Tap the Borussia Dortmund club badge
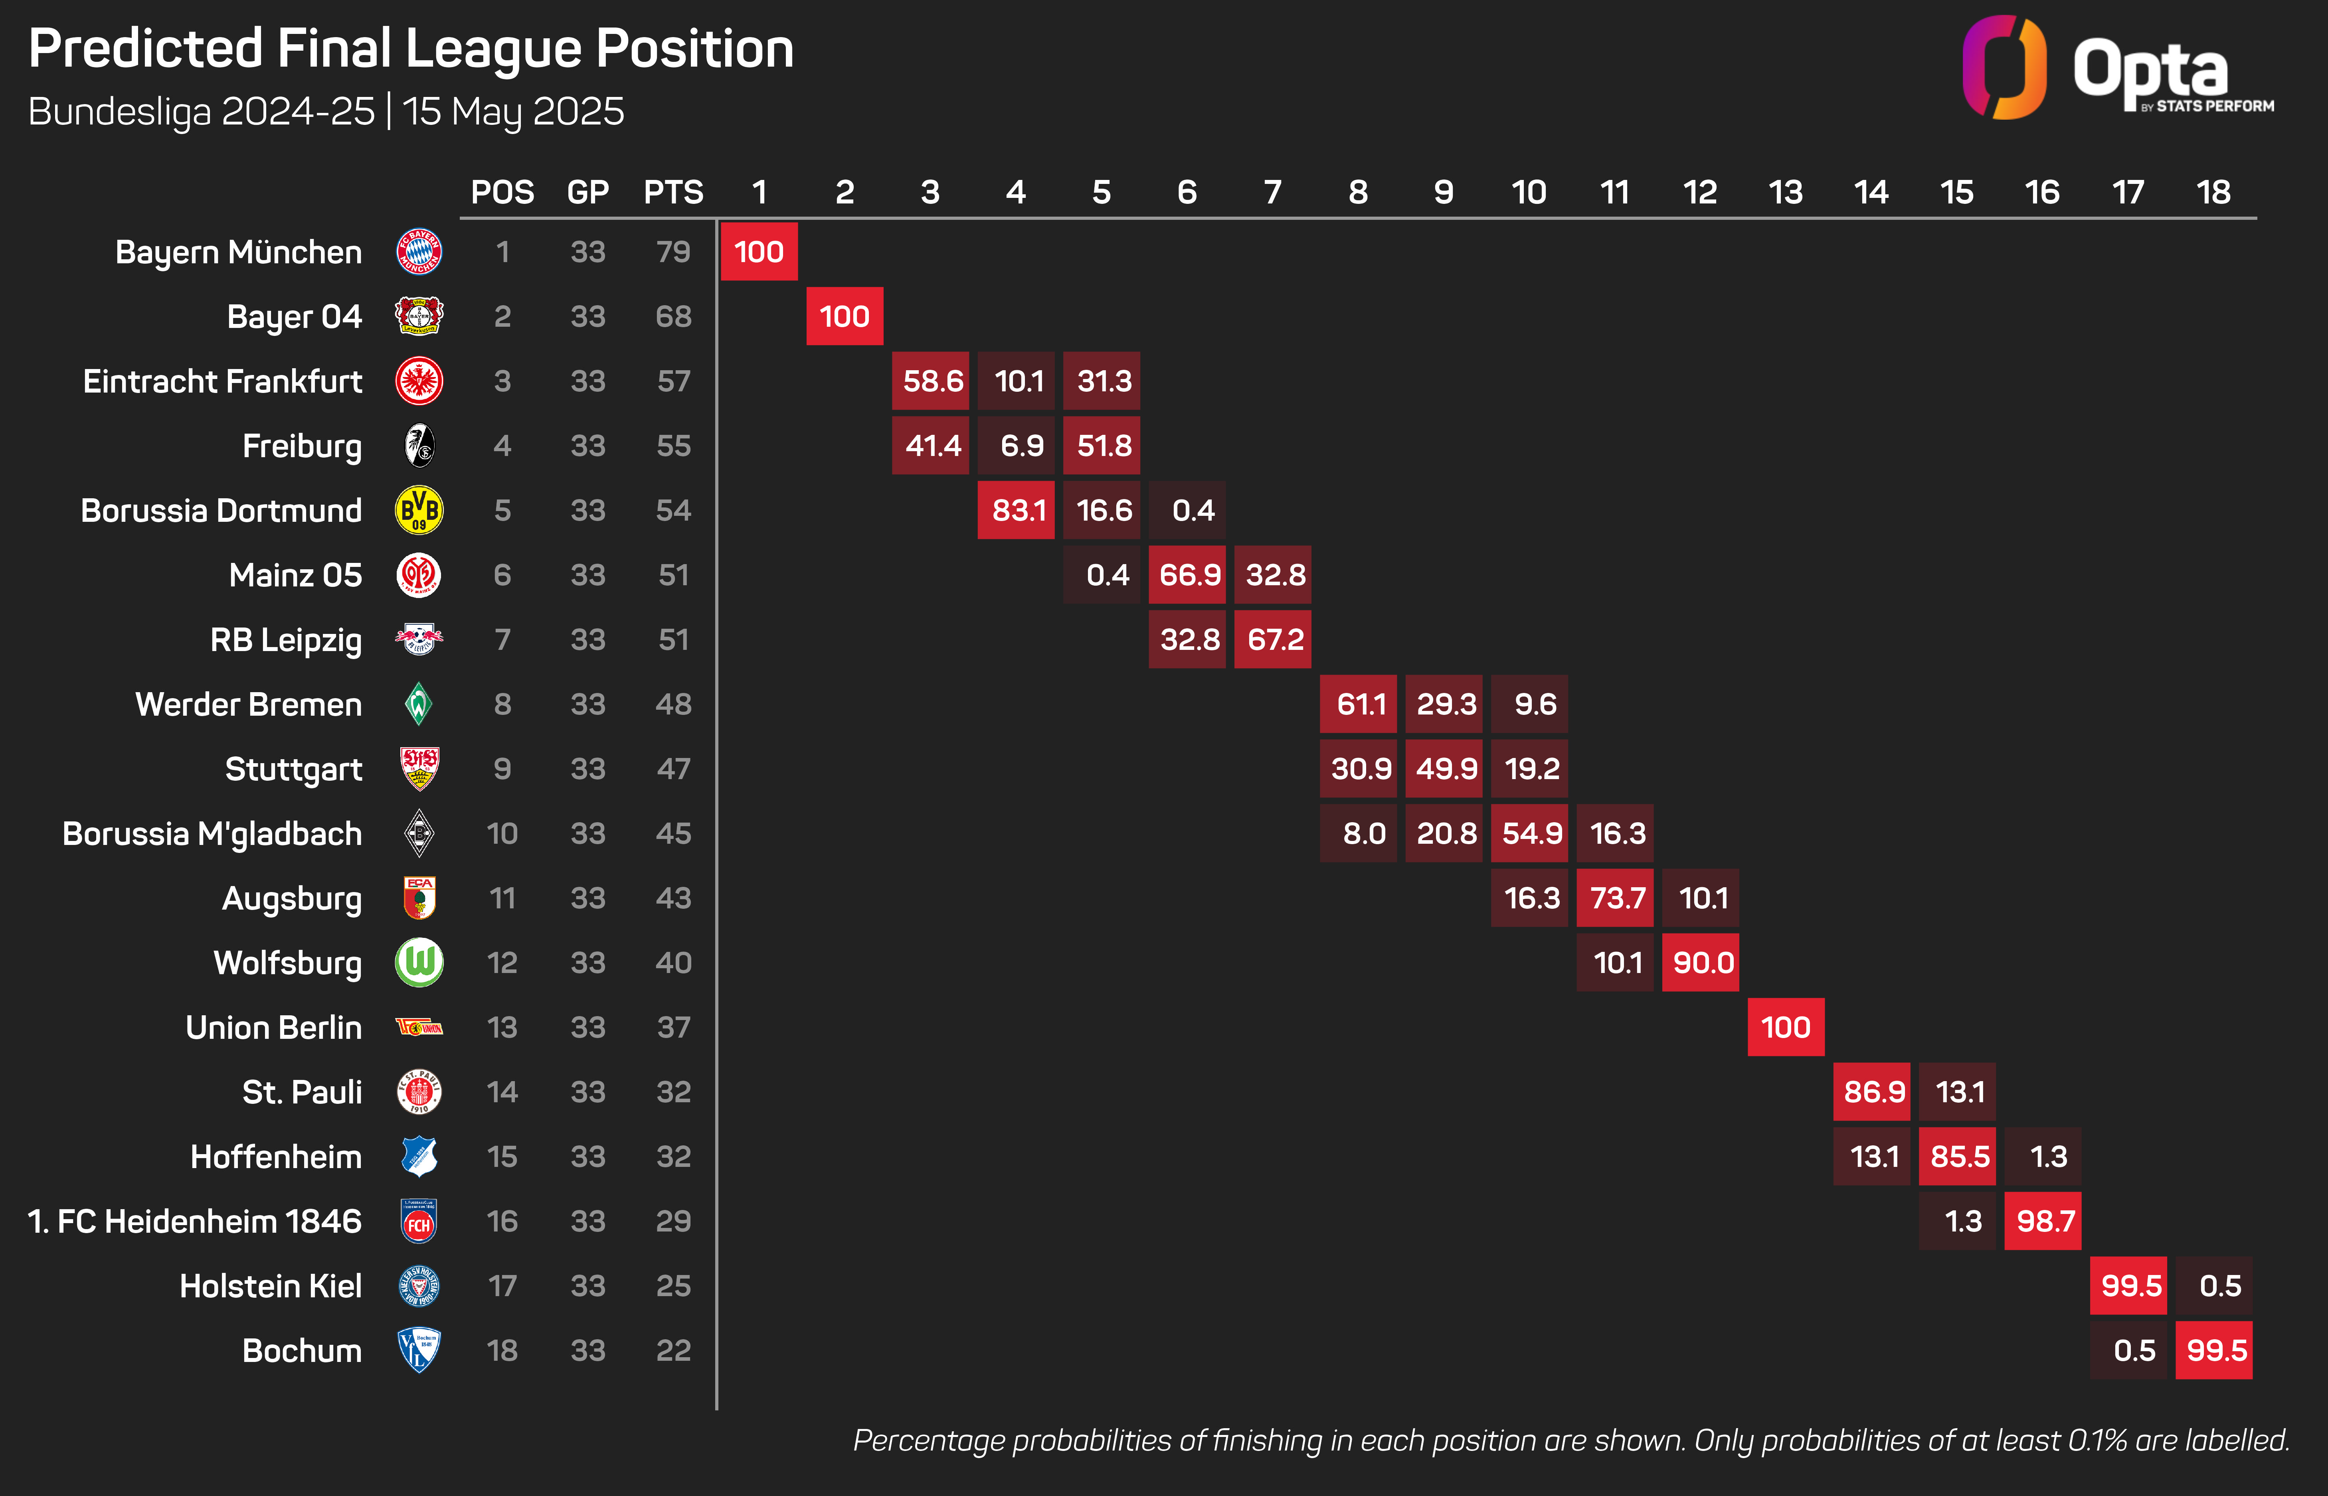[419, 510]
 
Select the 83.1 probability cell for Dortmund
[1016, 510]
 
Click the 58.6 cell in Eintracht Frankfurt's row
[931, 381]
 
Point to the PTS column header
[673, 192]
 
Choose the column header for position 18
[2213, 192]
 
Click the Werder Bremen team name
[249, 704]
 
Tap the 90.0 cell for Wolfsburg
[1700, 963]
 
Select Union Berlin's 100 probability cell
[1786, 1027]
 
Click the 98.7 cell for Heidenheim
[2043, 1221]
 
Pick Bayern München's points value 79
[673, 252]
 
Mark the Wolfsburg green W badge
[419, 963]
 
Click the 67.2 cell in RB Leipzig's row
[1273, 639]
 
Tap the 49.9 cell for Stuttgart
[1444, 768]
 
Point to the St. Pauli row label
[302, 1092]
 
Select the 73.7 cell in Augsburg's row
[1615, 898]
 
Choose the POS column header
[502, 192]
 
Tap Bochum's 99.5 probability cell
[2214, 1350]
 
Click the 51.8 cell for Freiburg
[1102, 445]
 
